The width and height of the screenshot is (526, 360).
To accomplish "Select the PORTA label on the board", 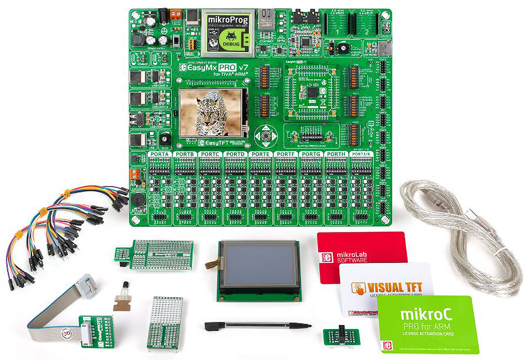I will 160,154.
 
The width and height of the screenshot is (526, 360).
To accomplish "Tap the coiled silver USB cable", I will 465,236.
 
